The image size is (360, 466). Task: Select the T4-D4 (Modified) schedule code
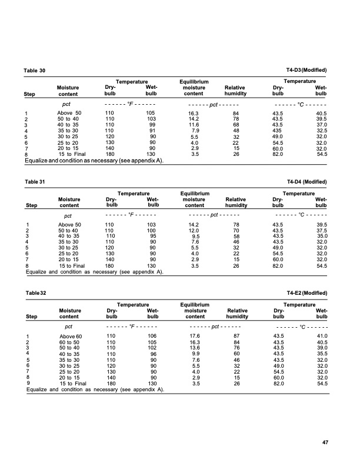(x=306, y=182)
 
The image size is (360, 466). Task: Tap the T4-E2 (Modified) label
(x=306, y=293)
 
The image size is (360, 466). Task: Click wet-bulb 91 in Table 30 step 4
(x=152, y=130)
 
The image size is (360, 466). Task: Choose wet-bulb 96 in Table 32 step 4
(x=152, y=354)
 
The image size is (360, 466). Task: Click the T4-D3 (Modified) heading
(x=306, y=71)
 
